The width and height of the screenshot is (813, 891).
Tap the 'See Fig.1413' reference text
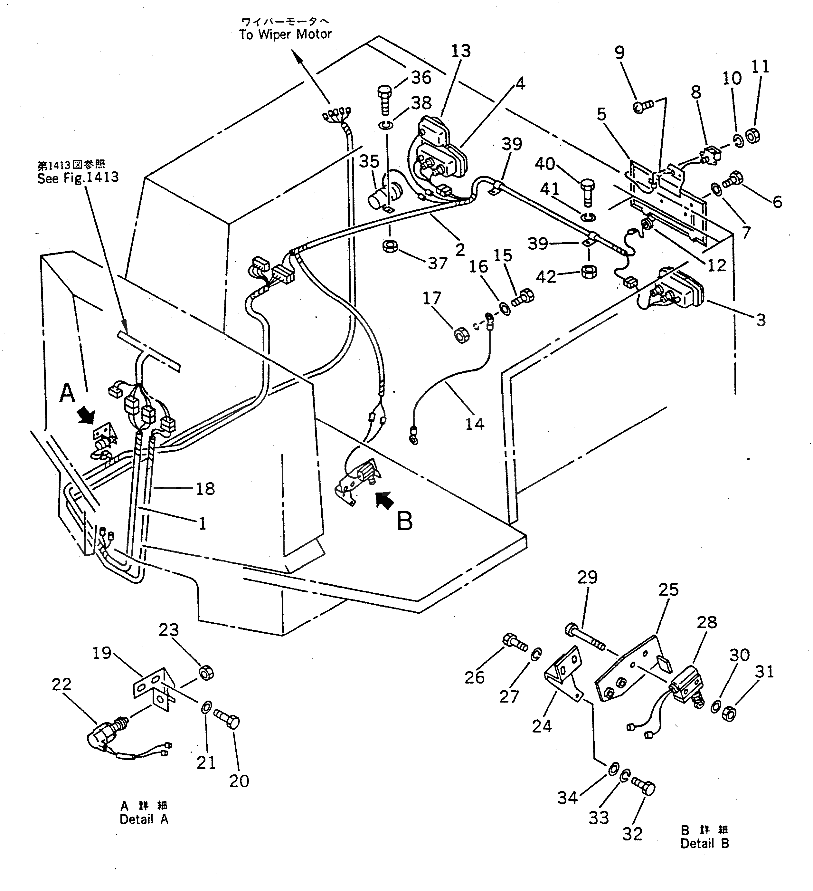click(78, 178)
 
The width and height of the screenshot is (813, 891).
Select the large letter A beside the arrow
click(68, 393)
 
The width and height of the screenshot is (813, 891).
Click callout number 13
click(461, 51)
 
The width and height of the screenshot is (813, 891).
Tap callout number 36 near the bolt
click(421, 77)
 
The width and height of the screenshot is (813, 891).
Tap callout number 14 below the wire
click(475, 424)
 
